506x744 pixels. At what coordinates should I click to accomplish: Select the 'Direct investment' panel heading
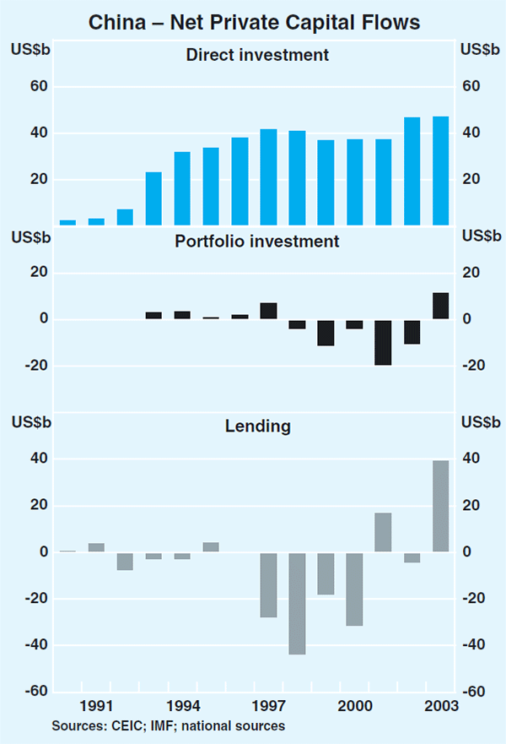coord(256,56)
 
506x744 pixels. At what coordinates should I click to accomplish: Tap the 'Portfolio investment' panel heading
coord(256,242)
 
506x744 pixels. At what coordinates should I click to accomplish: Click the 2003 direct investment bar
coord(440,171)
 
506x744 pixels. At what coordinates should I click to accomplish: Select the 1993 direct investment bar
coord(153,198)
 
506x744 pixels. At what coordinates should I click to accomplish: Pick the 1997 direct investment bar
coord(268,177)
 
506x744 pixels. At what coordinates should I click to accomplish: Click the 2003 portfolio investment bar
coord(440,306)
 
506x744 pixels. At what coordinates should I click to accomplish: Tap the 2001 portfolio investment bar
coord(383,342)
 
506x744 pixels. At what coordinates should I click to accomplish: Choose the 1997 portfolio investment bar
coord(268,311)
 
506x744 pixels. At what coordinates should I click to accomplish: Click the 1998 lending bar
coord(297,603)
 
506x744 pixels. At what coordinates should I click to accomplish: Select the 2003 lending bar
coord(440,506)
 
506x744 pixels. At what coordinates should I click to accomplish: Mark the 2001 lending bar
coord(383,532)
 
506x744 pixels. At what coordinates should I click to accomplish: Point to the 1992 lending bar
coord(125,561)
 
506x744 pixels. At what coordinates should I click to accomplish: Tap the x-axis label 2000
coord(354,705)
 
